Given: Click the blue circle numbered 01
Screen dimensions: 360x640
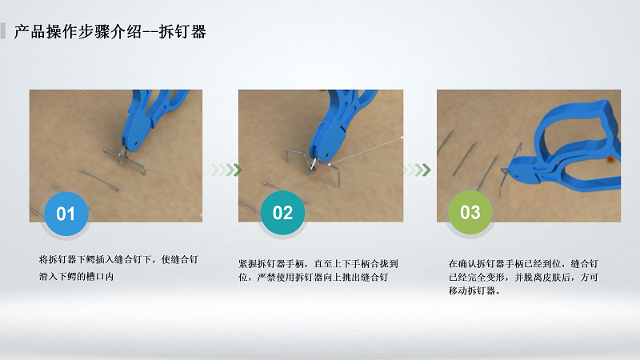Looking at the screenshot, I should click(66, 213).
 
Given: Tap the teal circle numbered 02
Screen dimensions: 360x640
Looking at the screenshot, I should click(282, 213).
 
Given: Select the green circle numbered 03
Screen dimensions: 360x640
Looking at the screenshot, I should click(470, 213).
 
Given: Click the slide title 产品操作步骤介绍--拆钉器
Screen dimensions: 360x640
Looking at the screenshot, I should click(110, 32).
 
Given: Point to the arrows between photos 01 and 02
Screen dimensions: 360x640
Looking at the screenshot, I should click(226, 170).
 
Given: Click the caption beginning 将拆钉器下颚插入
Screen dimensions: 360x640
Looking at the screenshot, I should click(118, 259).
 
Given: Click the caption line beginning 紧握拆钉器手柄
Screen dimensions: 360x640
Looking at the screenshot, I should click(318, 262).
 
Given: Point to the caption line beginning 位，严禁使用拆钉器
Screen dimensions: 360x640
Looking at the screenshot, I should click(314, 277).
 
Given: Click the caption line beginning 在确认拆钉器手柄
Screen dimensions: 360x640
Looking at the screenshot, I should click(524, 262).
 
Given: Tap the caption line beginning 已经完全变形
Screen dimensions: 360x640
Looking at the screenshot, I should click(522, 277).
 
